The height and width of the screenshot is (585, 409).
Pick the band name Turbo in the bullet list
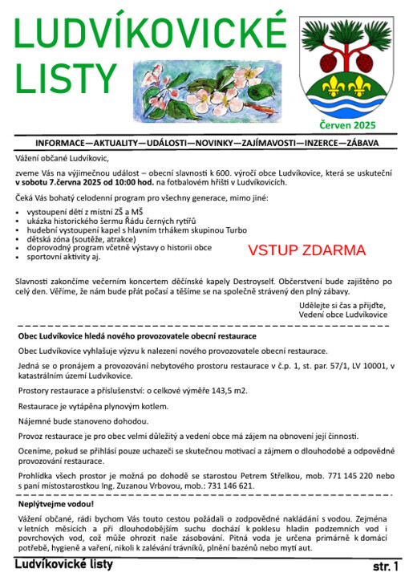point(236,230)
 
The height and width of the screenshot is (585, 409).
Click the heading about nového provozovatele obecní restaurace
point(137,335)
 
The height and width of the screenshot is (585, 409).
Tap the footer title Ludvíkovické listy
point(64,564)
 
